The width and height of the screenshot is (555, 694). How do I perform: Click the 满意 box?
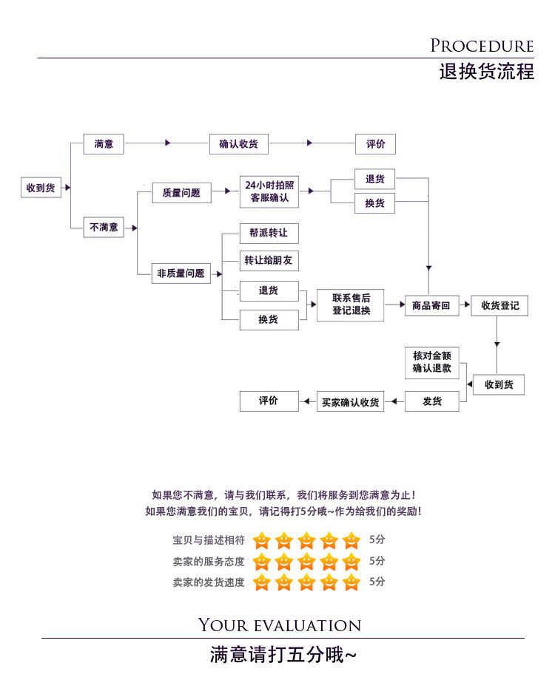(104, 144)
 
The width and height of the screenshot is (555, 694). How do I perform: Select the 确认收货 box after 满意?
(238, 144)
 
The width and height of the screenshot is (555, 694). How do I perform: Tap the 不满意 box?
(104, 227)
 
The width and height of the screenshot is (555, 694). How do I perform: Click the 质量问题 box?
(181, 193)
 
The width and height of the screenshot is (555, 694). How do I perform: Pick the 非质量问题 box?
(181, 273)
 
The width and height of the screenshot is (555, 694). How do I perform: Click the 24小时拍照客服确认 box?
(269, 192)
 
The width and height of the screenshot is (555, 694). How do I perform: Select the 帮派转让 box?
(269, 234)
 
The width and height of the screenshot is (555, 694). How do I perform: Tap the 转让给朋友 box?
(269, 260)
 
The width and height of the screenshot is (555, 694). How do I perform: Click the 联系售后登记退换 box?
(351, 305)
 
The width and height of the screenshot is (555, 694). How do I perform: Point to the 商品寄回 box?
(431, 305)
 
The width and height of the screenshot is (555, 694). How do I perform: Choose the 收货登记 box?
(499, 305)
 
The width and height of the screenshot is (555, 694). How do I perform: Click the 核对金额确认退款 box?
(432, 362)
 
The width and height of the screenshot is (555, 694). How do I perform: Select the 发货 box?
(432, 401)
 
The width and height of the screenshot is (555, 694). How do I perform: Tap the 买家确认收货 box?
(351, 402)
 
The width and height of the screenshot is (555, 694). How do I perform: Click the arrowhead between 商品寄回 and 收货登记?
(465, 305)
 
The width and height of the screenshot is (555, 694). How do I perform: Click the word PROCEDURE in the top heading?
(482, 47)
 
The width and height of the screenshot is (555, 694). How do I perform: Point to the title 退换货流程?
(486, 72)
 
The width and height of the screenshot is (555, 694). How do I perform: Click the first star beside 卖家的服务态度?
(261, 562)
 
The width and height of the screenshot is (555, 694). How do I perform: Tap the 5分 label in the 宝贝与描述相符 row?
(377, 540)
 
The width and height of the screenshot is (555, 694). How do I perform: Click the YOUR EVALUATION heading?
(280, 626)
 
